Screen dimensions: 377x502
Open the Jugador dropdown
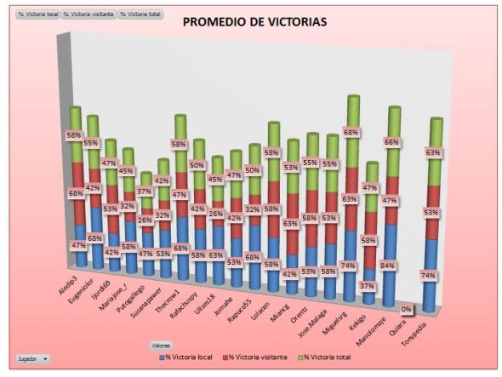(x=32, y=359)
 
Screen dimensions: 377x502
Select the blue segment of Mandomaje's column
(x=391, y=264)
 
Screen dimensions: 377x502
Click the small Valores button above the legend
(x=162, y=345)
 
